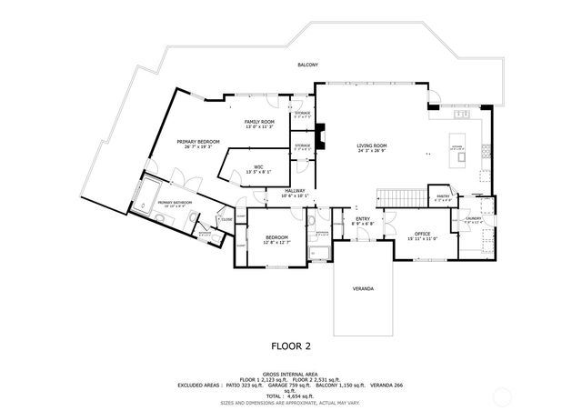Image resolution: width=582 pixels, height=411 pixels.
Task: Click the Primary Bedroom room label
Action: coord(198,142)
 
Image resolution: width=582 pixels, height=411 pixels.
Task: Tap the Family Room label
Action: coord(260,122)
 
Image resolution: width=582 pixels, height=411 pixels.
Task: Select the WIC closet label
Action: coord(258,166)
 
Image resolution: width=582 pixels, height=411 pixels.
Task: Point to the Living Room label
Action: coord(371,145)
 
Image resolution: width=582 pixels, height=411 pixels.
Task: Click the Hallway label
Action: coord(295,191)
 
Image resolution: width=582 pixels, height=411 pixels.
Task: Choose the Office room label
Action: coord(422,235)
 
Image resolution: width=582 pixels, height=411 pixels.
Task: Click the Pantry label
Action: coord(443,196)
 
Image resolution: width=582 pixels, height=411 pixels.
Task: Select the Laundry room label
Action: coord(474,219)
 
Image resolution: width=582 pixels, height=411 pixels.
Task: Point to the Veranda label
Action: coord(363,288)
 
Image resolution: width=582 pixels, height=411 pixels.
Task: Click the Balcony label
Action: coord(307,65)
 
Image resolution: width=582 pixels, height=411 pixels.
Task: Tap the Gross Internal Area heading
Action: coord(290,373)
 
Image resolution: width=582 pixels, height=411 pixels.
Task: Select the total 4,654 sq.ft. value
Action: coord(289,396)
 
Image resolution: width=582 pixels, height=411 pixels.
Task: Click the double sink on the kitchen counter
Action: coord(463,116)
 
